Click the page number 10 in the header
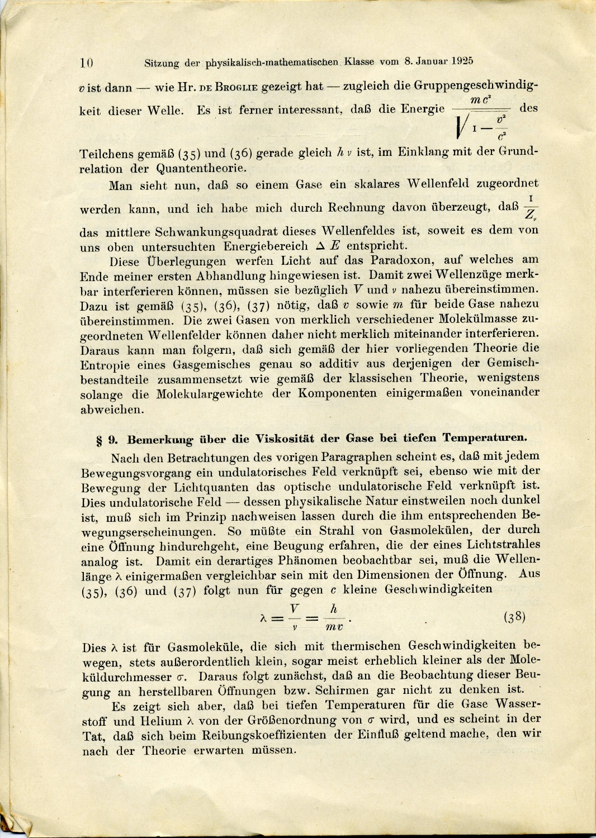(x=87, y=63)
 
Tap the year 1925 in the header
(x=461, y=61)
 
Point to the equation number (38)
(x=514, y=617)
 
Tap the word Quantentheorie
(x=201, y=168)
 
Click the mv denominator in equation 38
(x=334, y=627)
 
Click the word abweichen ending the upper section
(x=112, y=409)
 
